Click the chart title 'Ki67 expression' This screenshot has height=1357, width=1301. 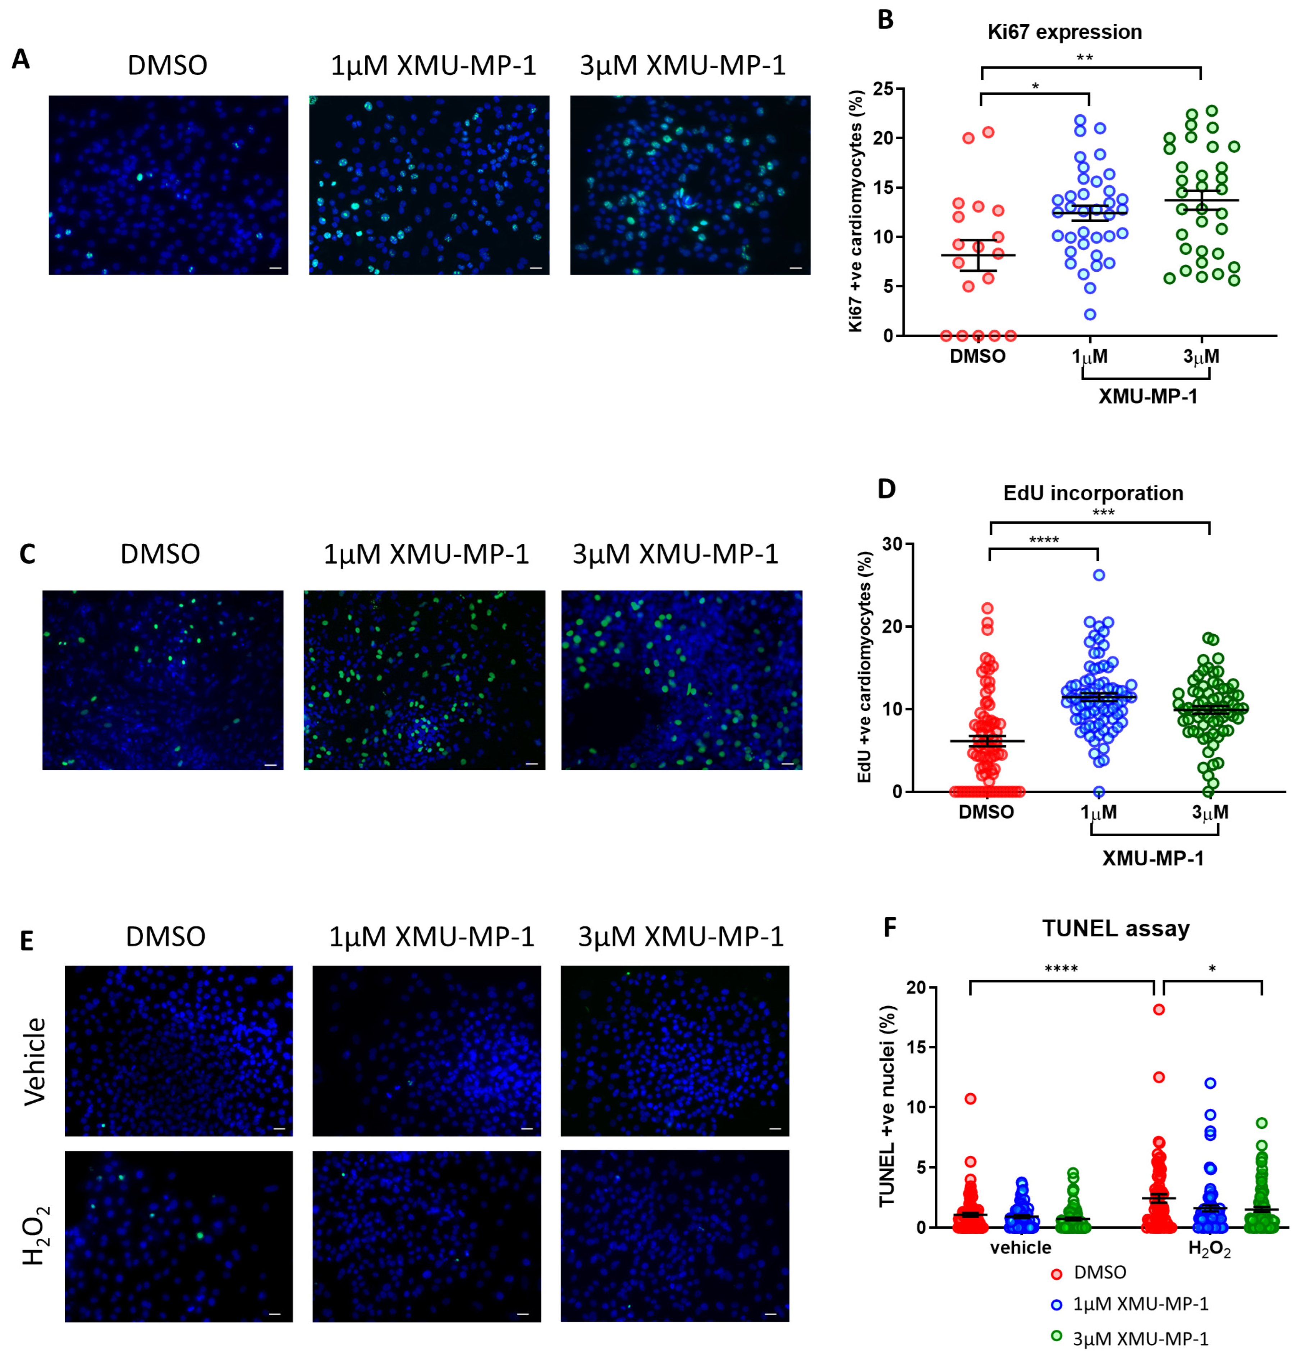click(1064, 32)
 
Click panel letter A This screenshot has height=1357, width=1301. click(21, 60)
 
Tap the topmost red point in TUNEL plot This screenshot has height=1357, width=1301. click(1158, 1009)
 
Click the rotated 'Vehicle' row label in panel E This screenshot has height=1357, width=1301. click(35, 1061)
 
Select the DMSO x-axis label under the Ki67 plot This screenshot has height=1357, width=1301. click(978, 356)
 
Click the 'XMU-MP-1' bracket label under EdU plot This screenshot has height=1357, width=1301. click(1153, 859)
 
